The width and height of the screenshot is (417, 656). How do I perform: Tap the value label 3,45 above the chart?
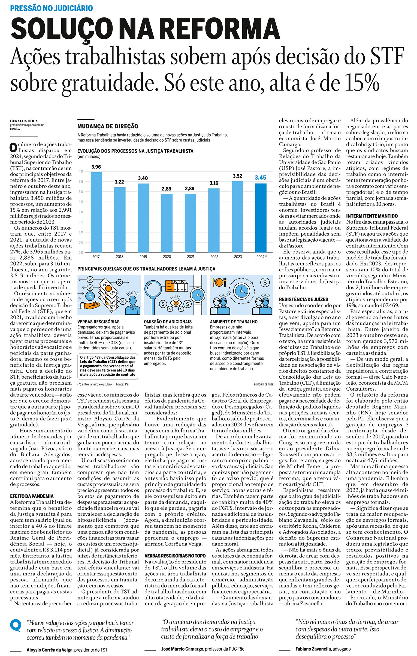(x=260, y=178)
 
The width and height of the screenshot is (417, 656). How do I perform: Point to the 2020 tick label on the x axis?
(x=167, y=257)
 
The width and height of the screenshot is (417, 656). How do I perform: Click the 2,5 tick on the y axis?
(x=81, y=202)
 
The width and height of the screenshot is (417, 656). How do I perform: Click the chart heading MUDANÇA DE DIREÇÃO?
(x=108, y=126)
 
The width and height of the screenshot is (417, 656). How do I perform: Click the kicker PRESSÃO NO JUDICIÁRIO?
(x=52, y=8)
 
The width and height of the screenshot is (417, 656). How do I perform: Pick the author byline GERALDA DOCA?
(x=24, y=121)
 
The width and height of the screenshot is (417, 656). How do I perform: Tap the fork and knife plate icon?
(x=219, y=282)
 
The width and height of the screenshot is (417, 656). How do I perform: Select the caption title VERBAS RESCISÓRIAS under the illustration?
(x=98, y=322)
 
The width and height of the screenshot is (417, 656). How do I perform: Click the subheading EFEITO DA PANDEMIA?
(x=32, y=496)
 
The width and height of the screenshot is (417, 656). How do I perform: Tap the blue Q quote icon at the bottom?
(x=16, y=625)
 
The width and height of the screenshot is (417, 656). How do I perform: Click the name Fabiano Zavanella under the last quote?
(x=313, y=649)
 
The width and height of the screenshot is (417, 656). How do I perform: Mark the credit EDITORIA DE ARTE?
(x=263, y=384)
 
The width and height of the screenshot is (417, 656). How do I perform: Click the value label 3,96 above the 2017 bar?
(x=96, y=167)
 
